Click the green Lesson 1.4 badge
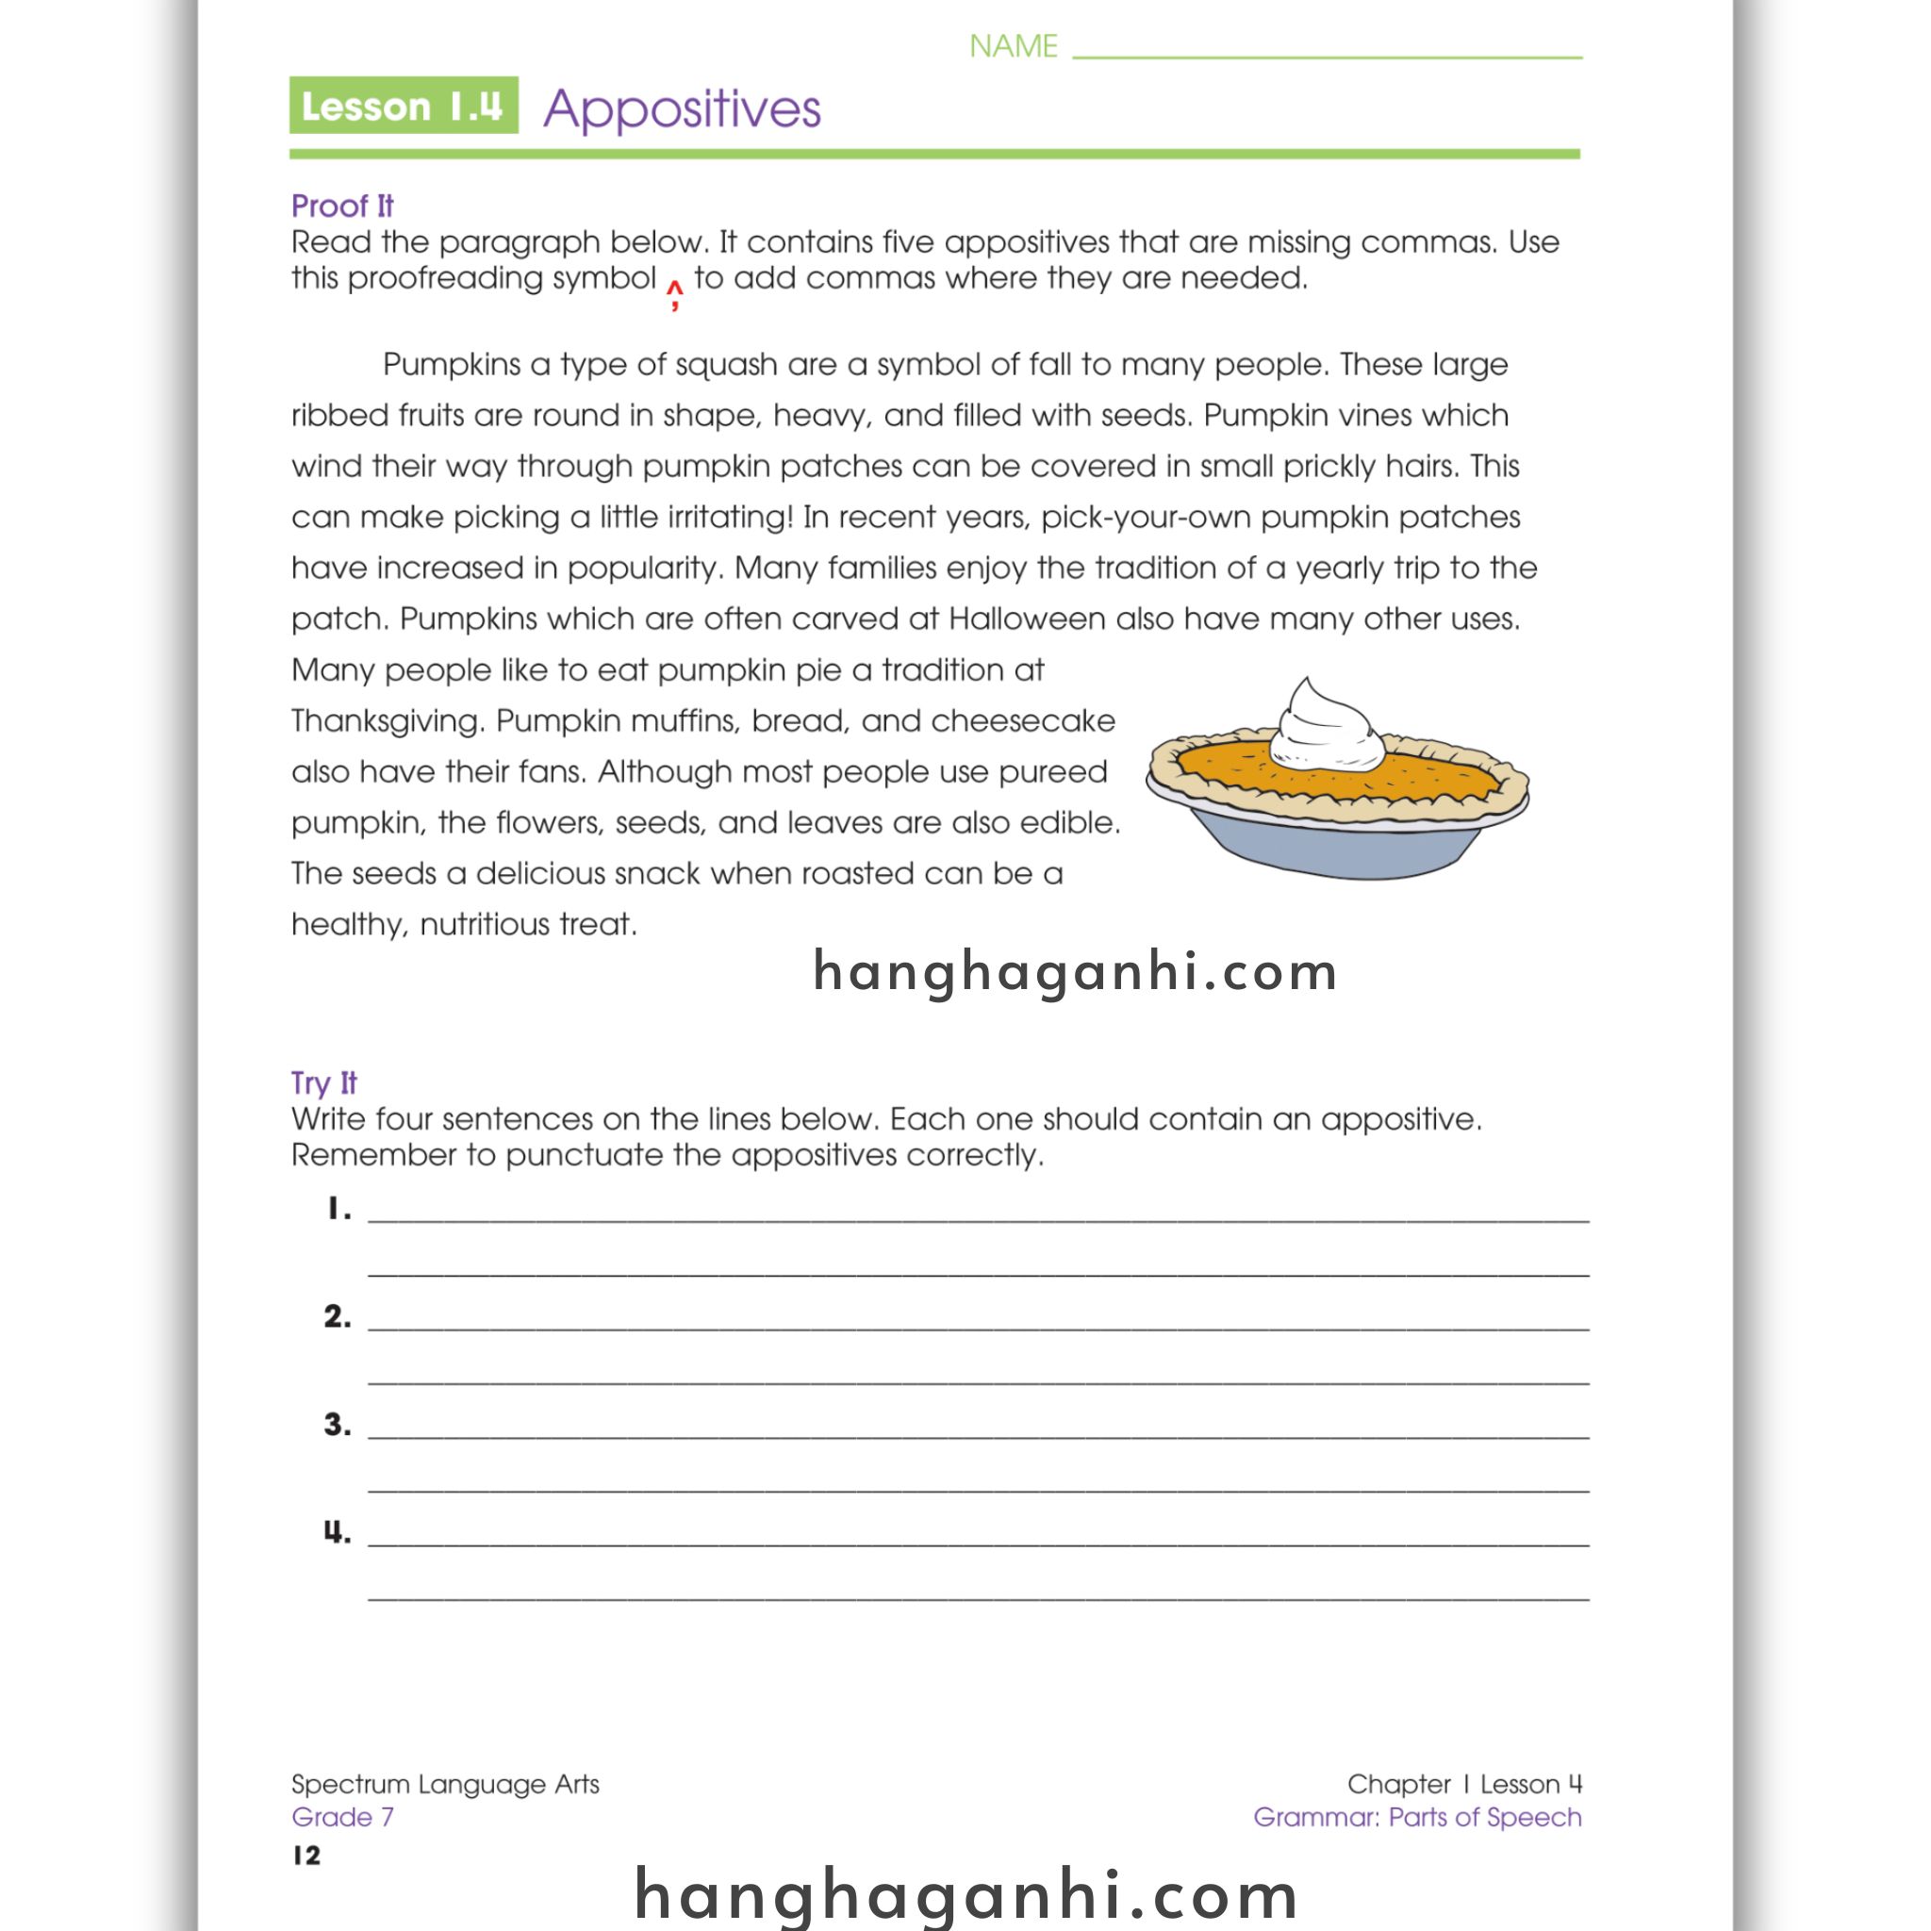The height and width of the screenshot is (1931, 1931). [403, 105]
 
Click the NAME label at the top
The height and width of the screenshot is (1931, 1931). [1013, 47]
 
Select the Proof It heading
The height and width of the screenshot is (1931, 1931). [342, 206]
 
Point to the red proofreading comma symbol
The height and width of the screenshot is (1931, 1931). [676, 294]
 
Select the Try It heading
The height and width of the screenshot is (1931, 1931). [323, 1082]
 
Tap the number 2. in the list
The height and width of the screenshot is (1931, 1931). [338, 1316]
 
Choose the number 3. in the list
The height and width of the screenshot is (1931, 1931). [338, 1425]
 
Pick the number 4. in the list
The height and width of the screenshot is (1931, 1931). [338, 1531]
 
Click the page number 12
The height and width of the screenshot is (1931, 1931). [306, 1856]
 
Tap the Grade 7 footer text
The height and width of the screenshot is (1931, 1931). [342, 1817]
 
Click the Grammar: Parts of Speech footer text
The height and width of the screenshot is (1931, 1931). [1416, 1817]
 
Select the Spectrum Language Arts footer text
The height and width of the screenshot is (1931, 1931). [445, 1784]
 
